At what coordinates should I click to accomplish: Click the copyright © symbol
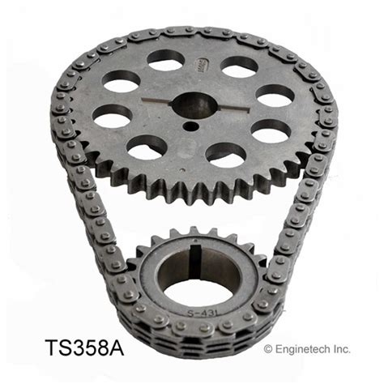(269, 349)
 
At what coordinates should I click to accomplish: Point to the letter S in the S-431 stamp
(186, 309)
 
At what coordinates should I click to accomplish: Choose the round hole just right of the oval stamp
(240, 66)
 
